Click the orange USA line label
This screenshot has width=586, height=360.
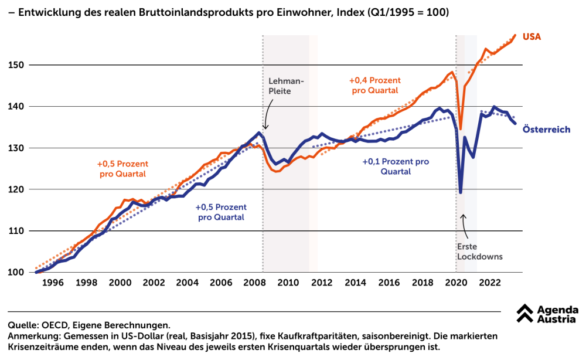click(x=532, y=37)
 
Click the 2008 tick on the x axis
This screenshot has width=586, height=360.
click(x=254, y=283)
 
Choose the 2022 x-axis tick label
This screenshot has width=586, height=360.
click(x=490, y=283)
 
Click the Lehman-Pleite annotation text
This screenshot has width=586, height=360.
click(x=287, y=86)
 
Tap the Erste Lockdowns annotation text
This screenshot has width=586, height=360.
click(x=480, y=252)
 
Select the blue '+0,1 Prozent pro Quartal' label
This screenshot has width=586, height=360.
click(x=396, y=167)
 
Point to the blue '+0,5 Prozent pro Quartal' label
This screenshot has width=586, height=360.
click(x=221, y=212)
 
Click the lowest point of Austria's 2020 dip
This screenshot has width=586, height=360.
click(x=461, y=192)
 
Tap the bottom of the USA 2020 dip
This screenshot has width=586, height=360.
click(x=461, y=128)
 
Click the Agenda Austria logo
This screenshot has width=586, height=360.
click(x=547, y=314)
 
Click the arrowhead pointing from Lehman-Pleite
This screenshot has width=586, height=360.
click(x=265, y=128)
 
